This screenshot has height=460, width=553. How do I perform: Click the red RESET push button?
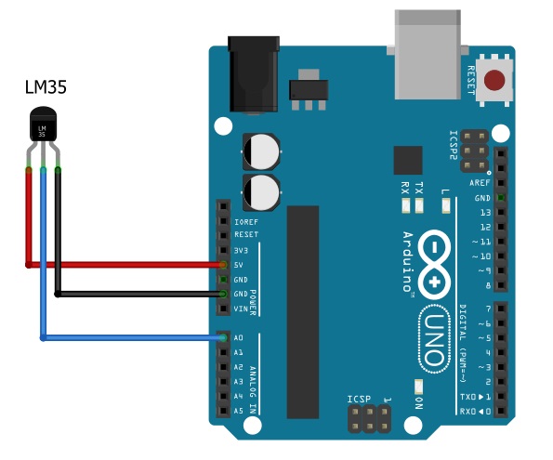pos(499,82)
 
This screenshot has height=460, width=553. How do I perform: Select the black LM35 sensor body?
pos(43,125)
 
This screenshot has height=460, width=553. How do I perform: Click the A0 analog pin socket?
pos(223,338)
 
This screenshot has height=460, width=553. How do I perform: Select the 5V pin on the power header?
pos(223,265)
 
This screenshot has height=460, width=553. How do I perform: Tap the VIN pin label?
pos(241,309)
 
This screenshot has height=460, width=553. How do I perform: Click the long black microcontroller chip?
pos(303,311)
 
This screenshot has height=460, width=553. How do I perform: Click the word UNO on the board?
pos(434,330)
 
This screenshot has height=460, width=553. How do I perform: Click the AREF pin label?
pos(480,183)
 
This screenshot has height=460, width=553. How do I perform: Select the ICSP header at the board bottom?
pos(368,419)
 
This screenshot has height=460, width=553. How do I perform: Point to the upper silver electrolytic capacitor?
pos(262,150)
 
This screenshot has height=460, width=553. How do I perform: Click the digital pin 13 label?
pos(483,213)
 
